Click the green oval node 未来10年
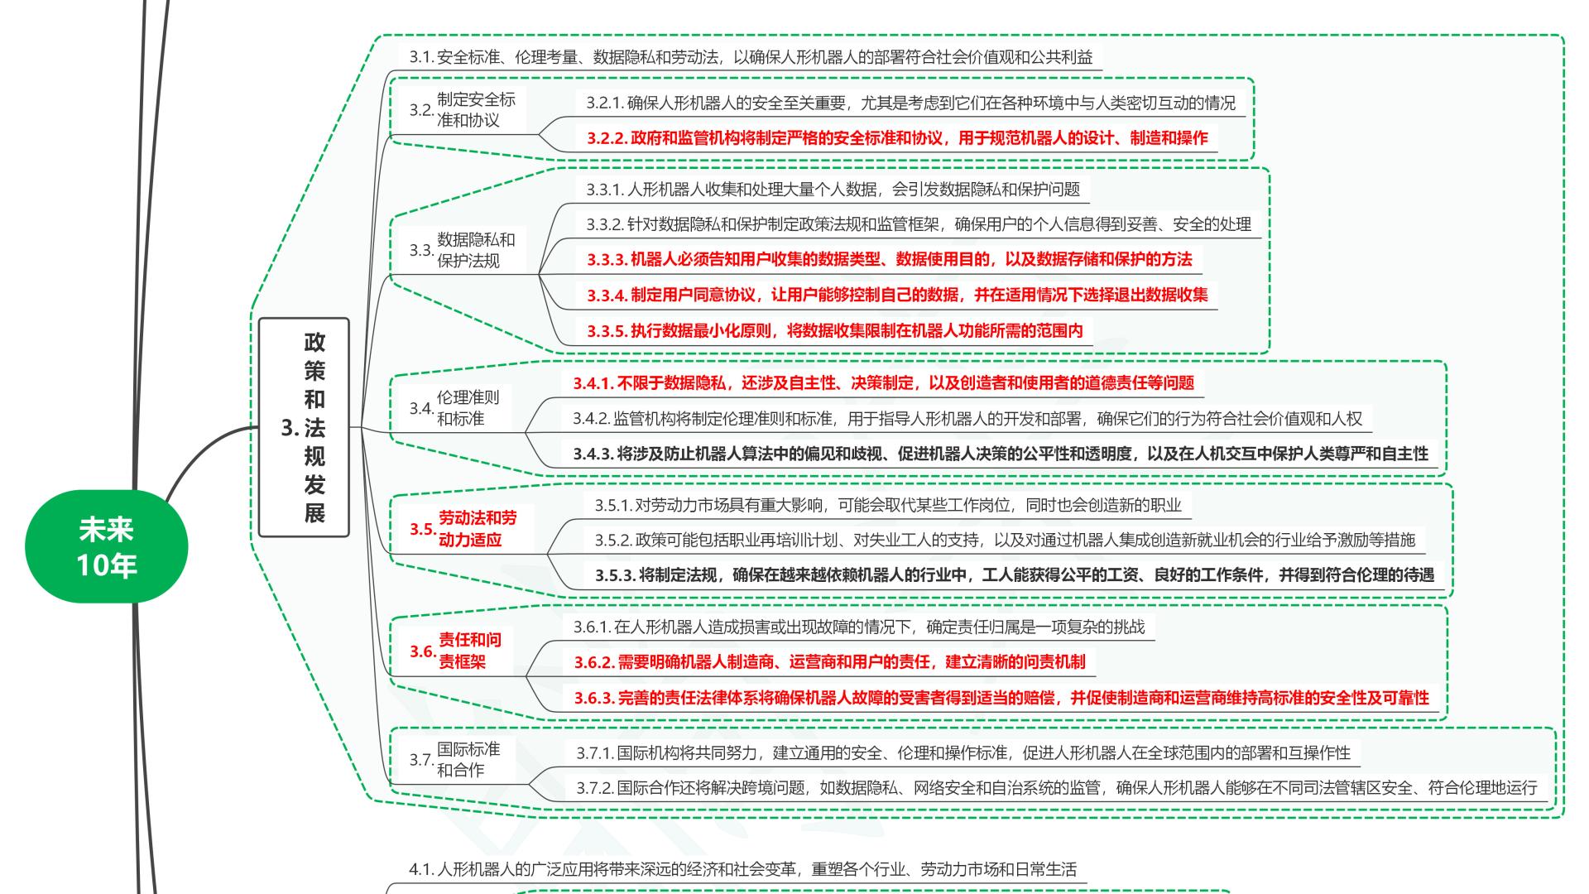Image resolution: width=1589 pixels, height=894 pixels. click(107, 546)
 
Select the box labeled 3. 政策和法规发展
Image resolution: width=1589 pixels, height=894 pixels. click(304, 427)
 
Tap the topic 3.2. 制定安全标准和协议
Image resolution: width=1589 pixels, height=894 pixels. click(463, 110)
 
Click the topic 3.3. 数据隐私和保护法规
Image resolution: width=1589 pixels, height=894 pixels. click(463, 250)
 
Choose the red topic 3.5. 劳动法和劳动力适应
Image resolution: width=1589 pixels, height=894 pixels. click(464, 529)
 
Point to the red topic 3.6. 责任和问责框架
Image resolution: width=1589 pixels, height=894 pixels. click(457, 651)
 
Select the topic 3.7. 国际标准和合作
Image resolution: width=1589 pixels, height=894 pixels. click(456, 759)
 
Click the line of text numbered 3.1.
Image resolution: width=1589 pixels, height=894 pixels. click(751, 57)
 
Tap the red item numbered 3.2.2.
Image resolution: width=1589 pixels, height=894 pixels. click(897, 138)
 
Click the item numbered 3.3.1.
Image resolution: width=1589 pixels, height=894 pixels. click(833, 190)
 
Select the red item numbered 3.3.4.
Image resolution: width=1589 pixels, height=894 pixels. click(897, 295)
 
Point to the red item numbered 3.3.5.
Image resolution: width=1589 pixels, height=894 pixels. click(834, 331)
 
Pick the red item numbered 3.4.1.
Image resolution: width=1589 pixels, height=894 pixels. click(883, 382)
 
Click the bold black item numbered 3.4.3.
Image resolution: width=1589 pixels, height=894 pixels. click(1001, 454)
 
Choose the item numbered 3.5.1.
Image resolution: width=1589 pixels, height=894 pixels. click(887, 505)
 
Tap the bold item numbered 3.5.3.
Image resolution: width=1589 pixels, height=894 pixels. click(1014, 574)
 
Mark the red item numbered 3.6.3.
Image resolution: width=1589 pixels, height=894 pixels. click(1001, 698)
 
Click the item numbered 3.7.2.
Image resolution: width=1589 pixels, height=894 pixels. click(1056, 788)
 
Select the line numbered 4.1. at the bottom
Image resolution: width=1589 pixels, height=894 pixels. click(742, 869)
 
